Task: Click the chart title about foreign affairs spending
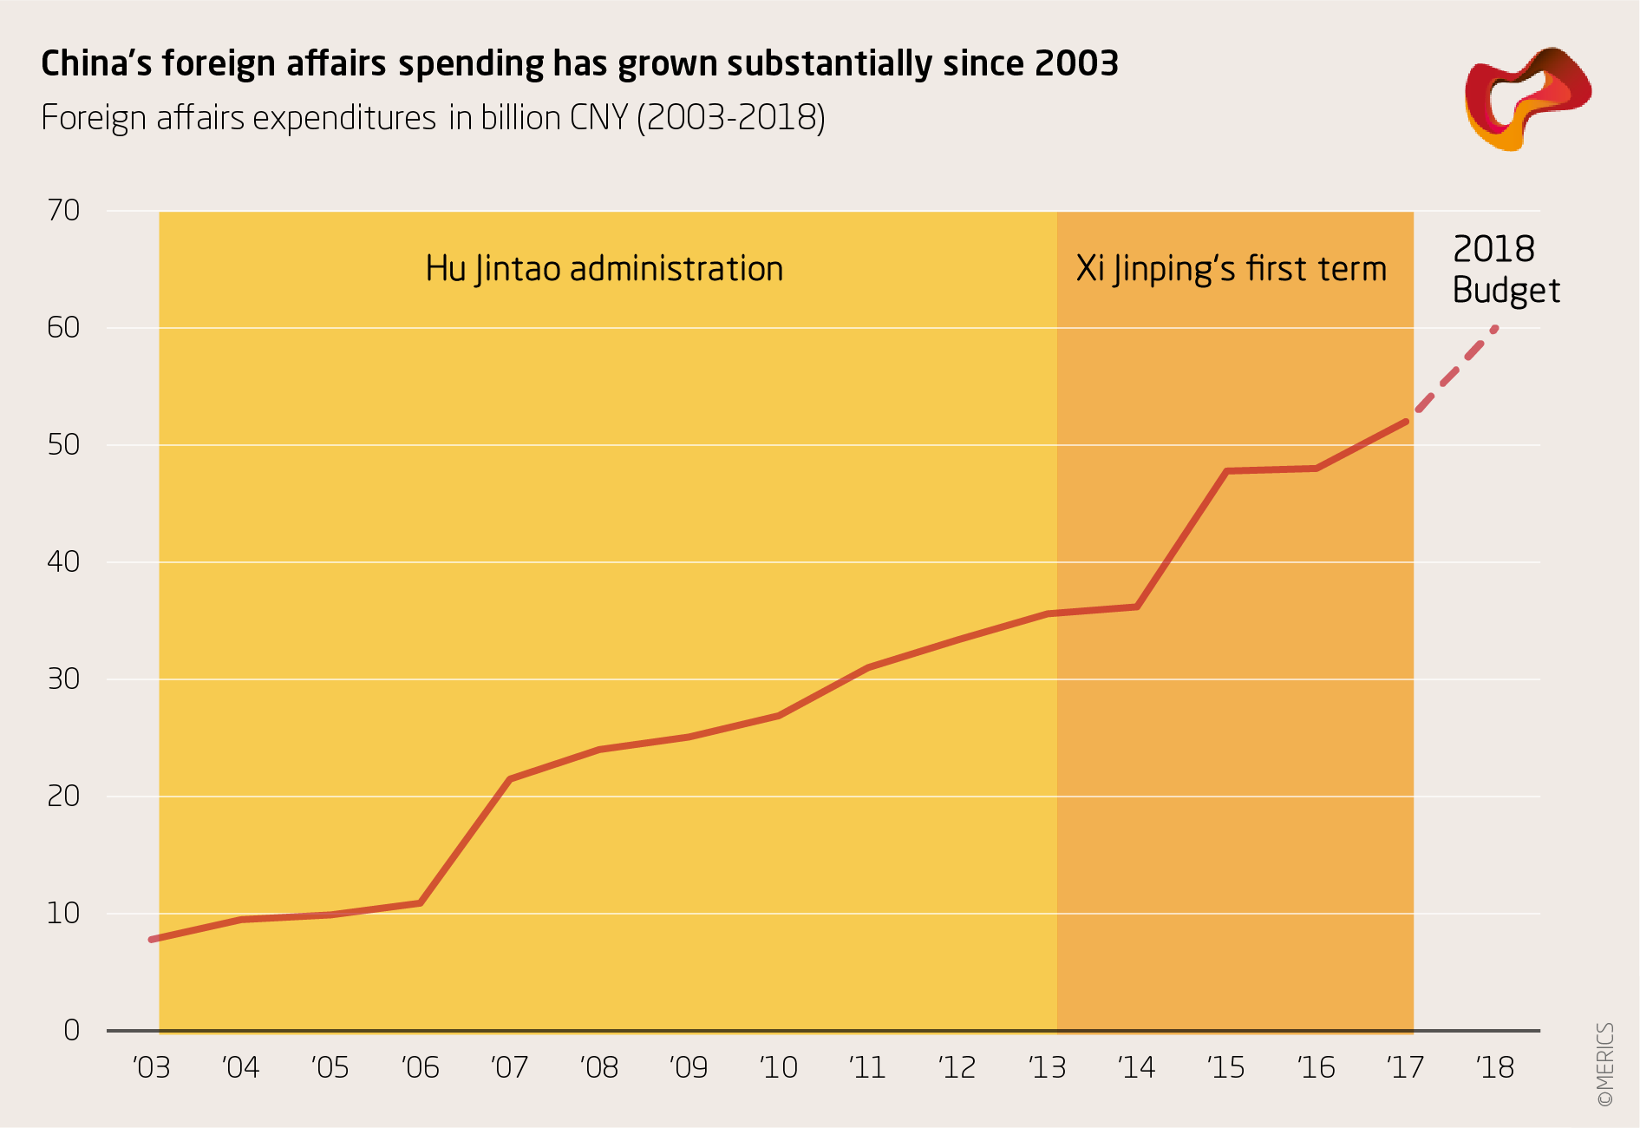[579, 64]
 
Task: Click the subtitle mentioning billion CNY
[433, 118]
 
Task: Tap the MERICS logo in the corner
[1527, 98]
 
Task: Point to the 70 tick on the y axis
[63, 210]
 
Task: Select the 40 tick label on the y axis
[63, 561]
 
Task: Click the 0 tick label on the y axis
[71, 1030]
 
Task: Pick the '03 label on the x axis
[152, 1067]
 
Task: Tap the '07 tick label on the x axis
[509, 1067]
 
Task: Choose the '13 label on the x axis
[1047, 1067]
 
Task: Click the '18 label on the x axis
[1494, 1067]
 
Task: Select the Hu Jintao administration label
[604, 269]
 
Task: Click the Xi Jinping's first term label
[1231, 269]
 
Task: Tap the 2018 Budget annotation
[1505, 270]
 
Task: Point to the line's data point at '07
[509, 779]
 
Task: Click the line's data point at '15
[1226, 471]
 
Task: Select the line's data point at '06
[421, 903]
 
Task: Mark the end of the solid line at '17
[1405, 422]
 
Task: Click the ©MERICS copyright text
[1604, 1064]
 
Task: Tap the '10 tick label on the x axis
[778, 1067]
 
